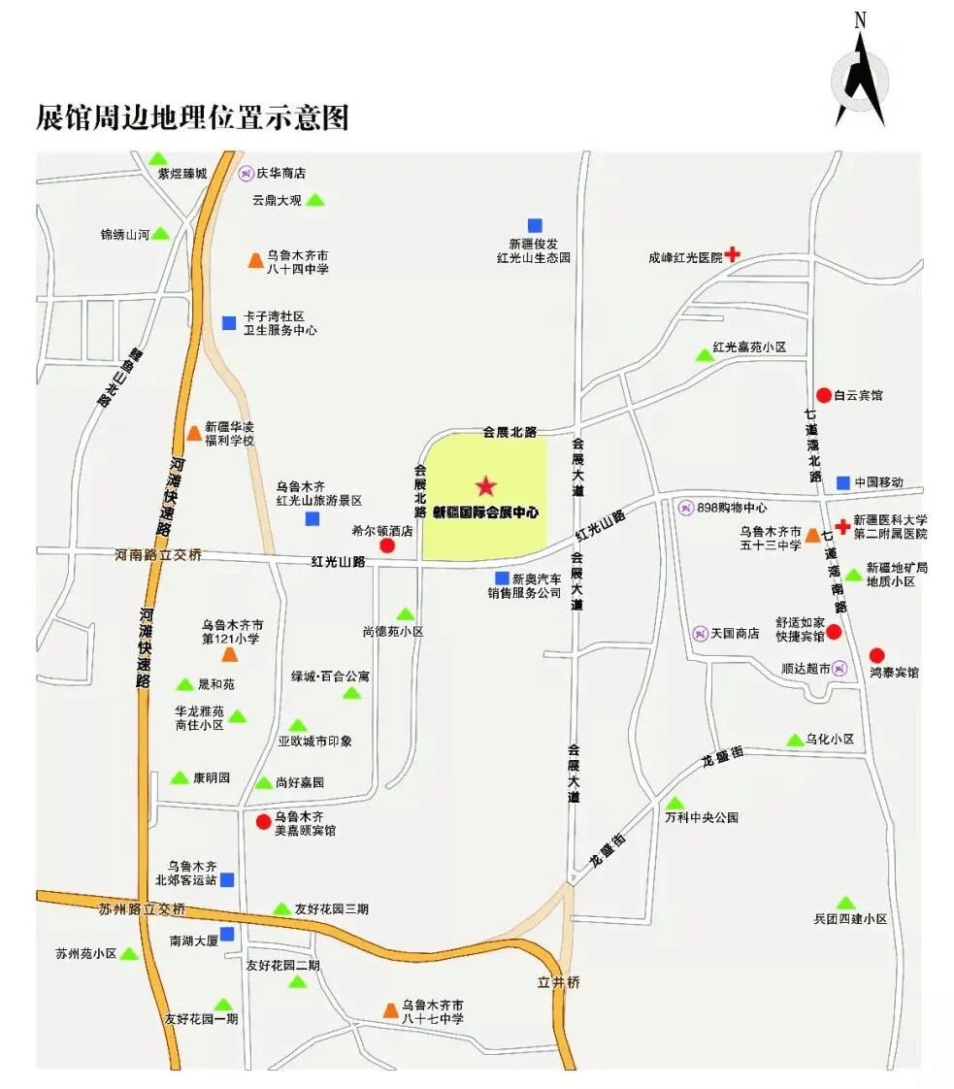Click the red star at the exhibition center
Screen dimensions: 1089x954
(486, 486)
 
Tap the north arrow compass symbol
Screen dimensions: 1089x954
(860, 83)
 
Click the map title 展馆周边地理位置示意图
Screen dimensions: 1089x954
(192, 117)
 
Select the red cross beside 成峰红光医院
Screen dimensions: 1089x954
(733, 255)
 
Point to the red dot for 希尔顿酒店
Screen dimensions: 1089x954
(386, 546)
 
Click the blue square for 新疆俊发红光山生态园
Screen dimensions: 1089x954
(535, 225)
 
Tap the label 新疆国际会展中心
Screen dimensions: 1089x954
(485, 511)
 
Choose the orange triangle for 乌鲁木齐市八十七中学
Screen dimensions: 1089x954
(390, 1011)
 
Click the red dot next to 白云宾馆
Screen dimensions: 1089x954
(823, 395)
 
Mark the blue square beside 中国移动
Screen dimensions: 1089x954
(842, 481)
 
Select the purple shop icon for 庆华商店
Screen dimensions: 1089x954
(246, 173)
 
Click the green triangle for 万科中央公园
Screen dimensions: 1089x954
(674, 803)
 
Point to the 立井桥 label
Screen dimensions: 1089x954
(559, 982)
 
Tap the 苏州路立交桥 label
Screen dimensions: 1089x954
(142, 909)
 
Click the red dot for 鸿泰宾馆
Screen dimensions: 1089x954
(877, 655)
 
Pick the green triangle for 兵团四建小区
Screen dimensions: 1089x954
(846, 903)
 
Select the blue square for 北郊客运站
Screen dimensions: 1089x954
(227, 879)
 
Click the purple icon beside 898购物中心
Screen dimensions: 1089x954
(686, 507)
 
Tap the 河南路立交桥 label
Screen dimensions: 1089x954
(159, 555)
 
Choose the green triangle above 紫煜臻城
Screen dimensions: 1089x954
(157, 158)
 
